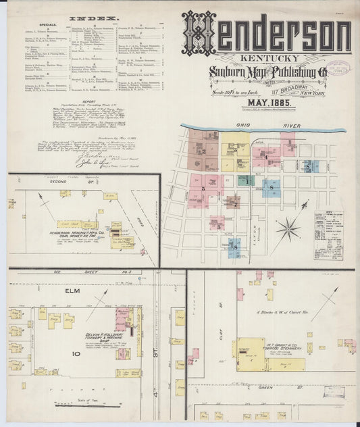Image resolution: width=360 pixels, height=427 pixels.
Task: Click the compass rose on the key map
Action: [x=288, y=229]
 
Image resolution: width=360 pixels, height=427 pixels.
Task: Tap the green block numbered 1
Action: [x=247, y=180]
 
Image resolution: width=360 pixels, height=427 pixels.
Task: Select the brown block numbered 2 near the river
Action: [x=202, y=151]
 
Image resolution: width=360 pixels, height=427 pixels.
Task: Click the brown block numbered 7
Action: [x=233, y=201]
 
